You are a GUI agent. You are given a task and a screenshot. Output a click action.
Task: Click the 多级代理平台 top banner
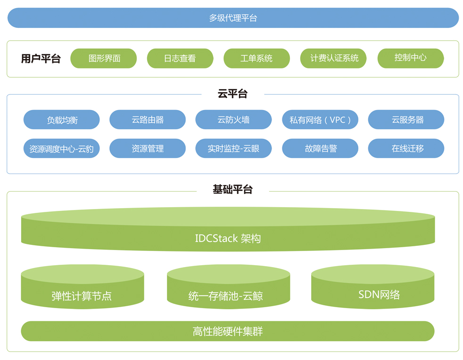(x=233, y=18)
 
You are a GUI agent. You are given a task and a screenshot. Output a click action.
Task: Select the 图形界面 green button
(x=104, y=58)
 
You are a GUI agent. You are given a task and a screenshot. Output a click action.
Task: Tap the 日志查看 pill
(x=180, y=58)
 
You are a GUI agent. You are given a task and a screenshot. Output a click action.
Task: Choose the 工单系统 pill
(x=256, y=58)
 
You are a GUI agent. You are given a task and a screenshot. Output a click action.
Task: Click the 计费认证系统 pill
(x=333, y=58)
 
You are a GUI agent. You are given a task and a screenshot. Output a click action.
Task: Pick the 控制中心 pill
(x=411, y=58)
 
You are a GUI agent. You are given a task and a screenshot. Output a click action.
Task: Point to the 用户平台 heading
(x=41, y=59)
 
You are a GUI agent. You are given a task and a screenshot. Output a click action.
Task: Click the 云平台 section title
(x=233, y=94)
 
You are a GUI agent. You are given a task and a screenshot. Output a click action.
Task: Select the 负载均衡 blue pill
(x=62, y=120)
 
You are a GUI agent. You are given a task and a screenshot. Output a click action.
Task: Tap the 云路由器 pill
(x=148, y=120)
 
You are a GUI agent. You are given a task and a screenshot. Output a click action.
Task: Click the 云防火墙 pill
(x=233, y=120)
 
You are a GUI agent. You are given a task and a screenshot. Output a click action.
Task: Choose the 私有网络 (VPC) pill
(x=320, y=120)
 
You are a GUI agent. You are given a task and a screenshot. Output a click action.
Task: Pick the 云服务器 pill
(x=406, y=120)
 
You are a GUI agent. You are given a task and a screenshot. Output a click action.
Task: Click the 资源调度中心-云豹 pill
(x=62, y=148)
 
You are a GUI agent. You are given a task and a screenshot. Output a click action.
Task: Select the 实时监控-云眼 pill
(x=233, y=148)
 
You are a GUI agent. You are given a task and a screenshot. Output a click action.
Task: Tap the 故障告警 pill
(x=320, y=148)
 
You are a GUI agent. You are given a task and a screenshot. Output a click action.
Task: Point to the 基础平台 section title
(x=233, y=189)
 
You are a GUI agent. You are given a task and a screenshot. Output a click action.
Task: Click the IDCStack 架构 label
(x=228, y=238)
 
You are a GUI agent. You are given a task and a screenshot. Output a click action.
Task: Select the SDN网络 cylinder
(x=372, y=287)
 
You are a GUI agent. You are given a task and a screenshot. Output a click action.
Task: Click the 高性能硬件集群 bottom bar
(x=228, y=331)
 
